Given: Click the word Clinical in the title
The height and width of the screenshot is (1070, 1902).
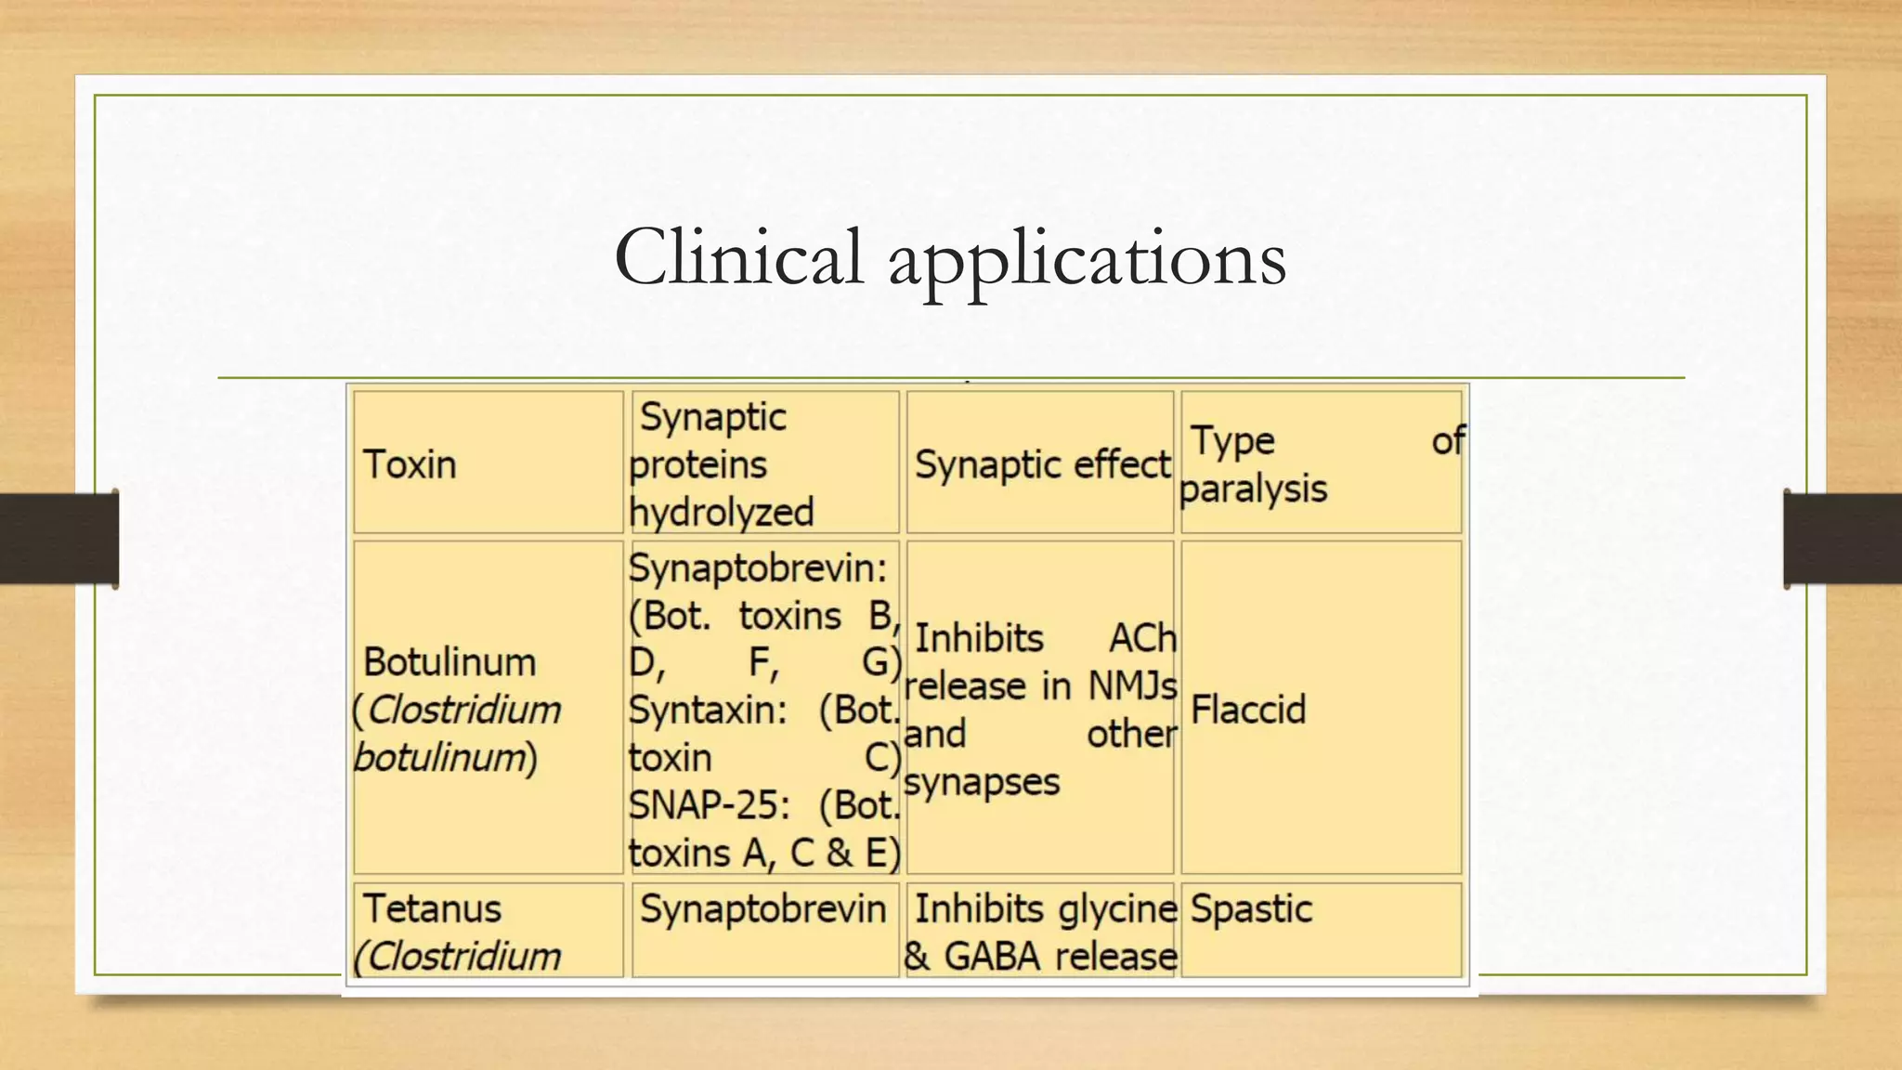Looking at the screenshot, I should tap(738, 258).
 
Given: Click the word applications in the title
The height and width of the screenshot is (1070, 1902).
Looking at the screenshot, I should tap(1087, 260).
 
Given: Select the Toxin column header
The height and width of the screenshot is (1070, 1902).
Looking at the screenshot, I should tap(410, 464).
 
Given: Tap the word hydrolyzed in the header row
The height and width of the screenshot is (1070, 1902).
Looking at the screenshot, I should tap(721, 513).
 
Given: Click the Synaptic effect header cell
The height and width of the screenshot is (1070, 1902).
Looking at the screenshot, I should tap(1042, 464).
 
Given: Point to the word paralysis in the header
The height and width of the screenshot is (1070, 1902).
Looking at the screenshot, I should tap(1253, 489).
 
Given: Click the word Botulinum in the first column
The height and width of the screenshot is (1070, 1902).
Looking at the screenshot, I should tap(449, 662).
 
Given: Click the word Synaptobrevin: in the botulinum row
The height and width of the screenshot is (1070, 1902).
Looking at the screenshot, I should tap(758, 568).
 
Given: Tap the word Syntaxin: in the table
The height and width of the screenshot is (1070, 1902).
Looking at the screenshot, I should tap(708, 711).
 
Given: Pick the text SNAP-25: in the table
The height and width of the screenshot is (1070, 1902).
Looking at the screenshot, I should tap(709, 805).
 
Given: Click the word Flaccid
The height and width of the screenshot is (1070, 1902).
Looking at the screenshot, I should tap(1248, 710).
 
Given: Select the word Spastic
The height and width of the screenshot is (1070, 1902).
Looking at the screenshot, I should tap(1251, 908).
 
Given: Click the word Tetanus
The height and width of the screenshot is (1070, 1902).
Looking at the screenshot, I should tap(432, 908).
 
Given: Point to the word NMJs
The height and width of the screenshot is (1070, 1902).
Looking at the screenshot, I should tap(1132, 686).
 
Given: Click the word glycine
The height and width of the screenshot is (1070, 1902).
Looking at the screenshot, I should tap(1117, 908).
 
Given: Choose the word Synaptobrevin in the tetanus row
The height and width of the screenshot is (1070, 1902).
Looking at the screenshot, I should tap(762, 908).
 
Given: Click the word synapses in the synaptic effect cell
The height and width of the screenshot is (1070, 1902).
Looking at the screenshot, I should tap(982, 782).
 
